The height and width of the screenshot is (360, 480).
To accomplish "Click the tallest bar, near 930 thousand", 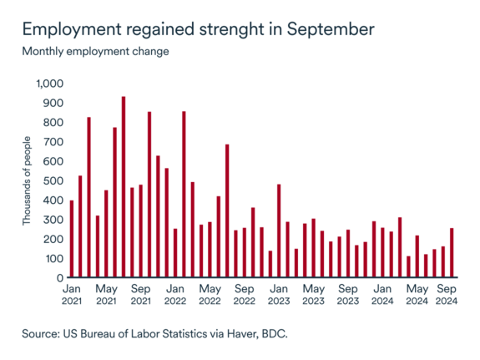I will coord(124,187).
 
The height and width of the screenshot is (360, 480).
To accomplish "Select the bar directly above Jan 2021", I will coord(72,239).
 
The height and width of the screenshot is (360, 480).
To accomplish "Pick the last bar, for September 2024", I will coord(452,253).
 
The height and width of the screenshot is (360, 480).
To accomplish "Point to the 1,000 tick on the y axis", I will coord(50,84).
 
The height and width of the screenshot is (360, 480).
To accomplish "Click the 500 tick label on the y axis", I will coord(54,181).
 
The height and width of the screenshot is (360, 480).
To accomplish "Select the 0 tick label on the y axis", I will coord(60,278).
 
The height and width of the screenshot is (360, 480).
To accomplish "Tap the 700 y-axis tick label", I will coord(54,142).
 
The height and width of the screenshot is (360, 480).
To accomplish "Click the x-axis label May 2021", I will coord(106,295).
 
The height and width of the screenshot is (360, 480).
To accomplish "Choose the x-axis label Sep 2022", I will coord(244,295).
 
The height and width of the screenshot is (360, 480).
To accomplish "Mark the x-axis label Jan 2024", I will coord(382,295).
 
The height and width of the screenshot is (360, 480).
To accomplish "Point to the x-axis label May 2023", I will coord(313,295).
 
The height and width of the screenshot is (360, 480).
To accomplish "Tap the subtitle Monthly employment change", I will coord(95,51).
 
